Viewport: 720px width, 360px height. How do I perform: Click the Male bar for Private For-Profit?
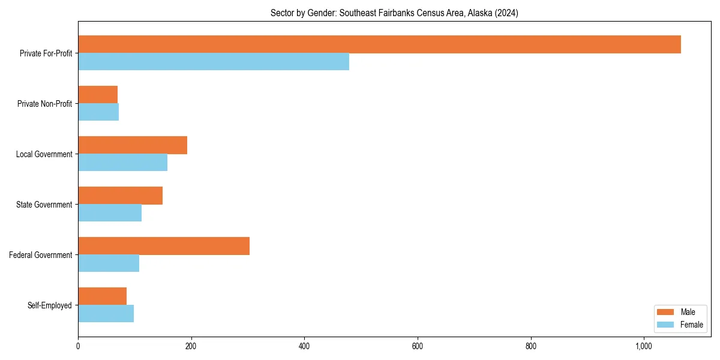point(379,44)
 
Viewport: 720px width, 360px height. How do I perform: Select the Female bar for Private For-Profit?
point(214,62)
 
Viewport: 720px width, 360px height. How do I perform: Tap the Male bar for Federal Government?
point(164,246)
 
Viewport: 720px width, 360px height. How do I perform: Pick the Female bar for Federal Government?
point(109,263)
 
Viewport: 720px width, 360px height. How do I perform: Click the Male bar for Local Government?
point(133,145)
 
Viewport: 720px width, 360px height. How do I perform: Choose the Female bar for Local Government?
point(122,163)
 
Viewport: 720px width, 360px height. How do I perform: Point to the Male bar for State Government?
point(120,196)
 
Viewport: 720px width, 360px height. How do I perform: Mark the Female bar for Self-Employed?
point(106,314)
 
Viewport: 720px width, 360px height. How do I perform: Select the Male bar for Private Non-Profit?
point(98,95)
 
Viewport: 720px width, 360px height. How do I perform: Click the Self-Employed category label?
point(50,305)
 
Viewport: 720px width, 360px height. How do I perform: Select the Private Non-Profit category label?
point(44,104)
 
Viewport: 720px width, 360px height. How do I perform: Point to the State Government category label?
point(44,205)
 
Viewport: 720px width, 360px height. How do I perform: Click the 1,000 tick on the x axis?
point(644,346)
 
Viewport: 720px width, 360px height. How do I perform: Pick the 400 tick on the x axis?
point(304,346)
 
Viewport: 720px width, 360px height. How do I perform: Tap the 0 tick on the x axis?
point(78,346)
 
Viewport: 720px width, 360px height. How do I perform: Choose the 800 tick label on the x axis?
point(530,346)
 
